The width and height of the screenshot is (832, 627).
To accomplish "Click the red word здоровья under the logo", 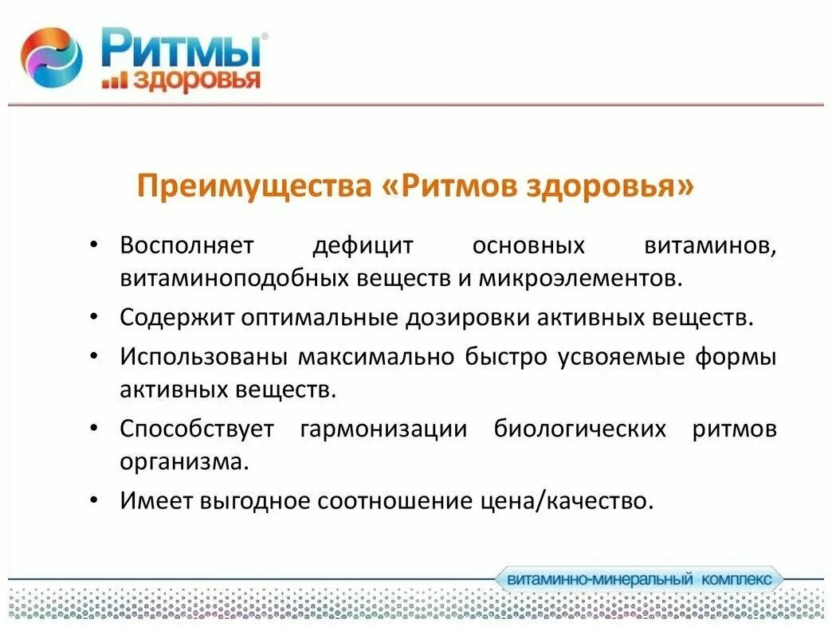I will click(x=196, y=80).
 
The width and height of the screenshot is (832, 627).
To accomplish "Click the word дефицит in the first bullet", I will click(x=363, y=245).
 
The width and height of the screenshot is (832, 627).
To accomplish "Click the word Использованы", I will click(x=204, y=356).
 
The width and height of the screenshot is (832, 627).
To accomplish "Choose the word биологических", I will click(x=579, y=429).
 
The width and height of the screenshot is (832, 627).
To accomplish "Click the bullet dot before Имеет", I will click(x=94, y=500).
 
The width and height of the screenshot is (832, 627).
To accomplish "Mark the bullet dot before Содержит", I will click(x=94, y=317).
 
